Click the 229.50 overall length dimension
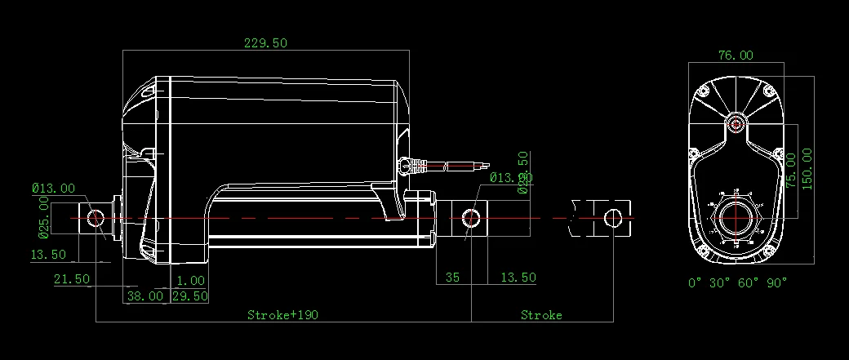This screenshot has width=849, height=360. pyautogui.click(x=265, y=43)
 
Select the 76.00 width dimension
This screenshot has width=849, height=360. pyautogui.click(x=735, y=56)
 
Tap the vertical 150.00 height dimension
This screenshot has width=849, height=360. pyautogui.click(x=807, y=169)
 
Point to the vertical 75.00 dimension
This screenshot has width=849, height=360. pyautogui.click(x=790, y=170)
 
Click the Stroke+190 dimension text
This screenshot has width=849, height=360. pyautogui.click(x=282, y=314)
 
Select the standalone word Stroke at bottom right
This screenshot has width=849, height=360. pyautogui.click(x=541, y=314)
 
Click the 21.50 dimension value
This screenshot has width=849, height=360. pyautogui.click(x=71, y=278)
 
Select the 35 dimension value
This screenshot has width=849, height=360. pyautogui.click(x=452, y=278)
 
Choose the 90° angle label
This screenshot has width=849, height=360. pyautogui.click(x=777, y=282)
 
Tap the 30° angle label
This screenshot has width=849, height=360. pyautogui.click(x=720, y=282)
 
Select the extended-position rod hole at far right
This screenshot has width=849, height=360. pyautogui.click(x=613, y=217)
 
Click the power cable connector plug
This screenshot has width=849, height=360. pyautogui.click(x=411, y=167)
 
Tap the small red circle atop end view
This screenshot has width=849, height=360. pyautogui.click(x=736, y=124)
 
